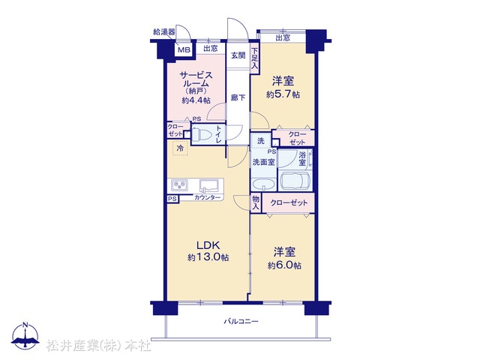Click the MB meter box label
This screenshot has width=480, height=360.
click(184, 49)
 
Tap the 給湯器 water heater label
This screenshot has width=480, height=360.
click(164, 31)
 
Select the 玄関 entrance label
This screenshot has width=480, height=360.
click(238, 55)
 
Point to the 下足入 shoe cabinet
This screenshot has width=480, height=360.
click(255, 58)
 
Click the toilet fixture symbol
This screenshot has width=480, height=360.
click(204, 134)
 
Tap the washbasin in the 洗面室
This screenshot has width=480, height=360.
click(263, 184)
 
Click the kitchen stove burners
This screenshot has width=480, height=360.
click(179, 185)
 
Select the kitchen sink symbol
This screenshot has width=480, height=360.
click(209, 185)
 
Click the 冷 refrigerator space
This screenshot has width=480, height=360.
click(180, 148)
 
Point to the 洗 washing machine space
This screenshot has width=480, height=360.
click(261, 141)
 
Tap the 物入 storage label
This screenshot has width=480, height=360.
click(256, 202)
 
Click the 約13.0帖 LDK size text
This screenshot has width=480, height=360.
click(208, 257)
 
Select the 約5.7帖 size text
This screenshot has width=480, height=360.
click(283, 94)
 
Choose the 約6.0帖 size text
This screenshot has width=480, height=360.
click(284, 265)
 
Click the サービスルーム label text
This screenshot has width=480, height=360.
click(196, 79)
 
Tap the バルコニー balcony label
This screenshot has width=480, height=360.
click(241, 321)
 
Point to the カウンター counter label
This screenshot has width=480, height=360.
click(207, 197)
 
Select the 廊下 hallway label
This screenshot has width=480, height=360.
click(238, 97)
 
